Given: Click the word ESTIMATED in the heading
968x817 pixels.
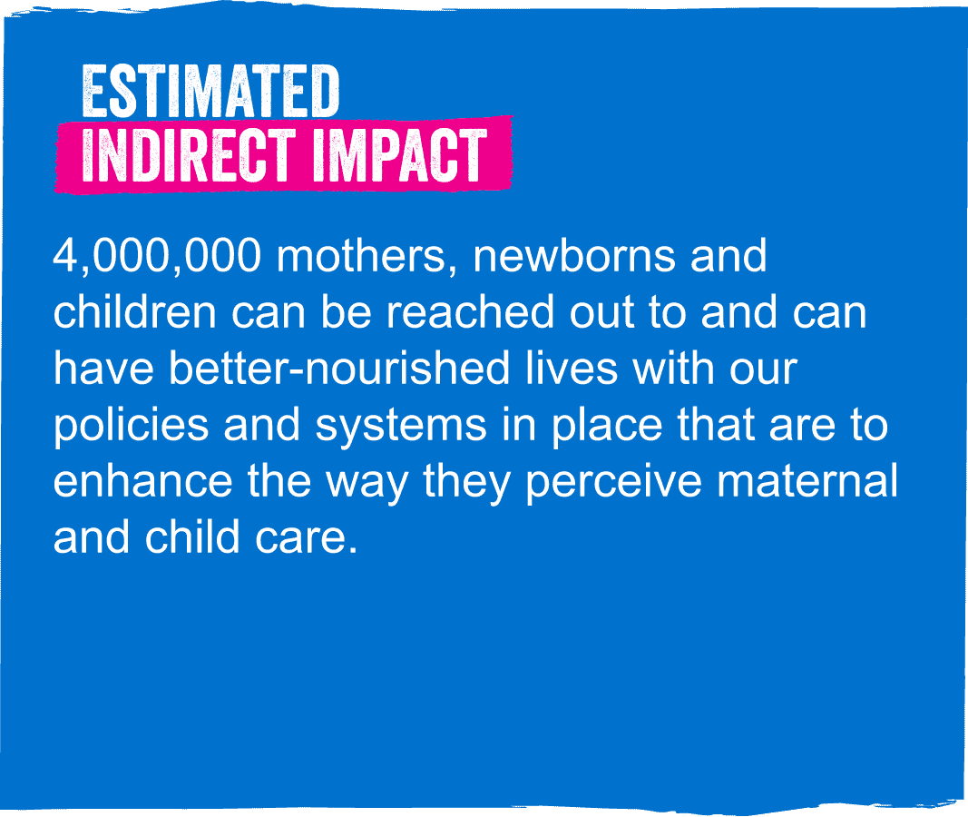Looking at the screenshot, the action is click(210, 92).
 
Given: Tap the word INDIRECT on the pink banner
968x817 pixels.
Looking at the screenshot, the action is click(189, 155).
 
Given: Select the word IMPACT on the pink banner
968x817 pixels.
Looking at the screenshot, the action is click(399, 155).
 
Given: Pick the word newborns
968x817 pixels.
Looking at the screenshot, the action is click(574, 256).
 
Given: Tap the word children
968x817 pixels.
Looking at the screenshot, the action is click(134, 312).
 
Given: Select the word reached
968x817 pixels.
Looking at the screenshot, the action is click(470, 312).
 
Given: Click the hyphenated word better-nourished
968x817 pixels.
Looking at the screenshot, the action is click(339, 368).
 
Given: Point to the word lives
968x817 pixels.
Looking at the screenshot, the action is click(571, 368).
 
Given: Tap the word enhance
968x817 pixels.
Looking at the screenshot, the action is click(142, 480).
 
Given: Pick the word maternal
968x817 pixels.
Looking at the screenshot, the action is click(807, 480).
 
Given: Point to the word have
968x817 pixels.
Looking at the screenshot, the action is click(103, 368).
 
